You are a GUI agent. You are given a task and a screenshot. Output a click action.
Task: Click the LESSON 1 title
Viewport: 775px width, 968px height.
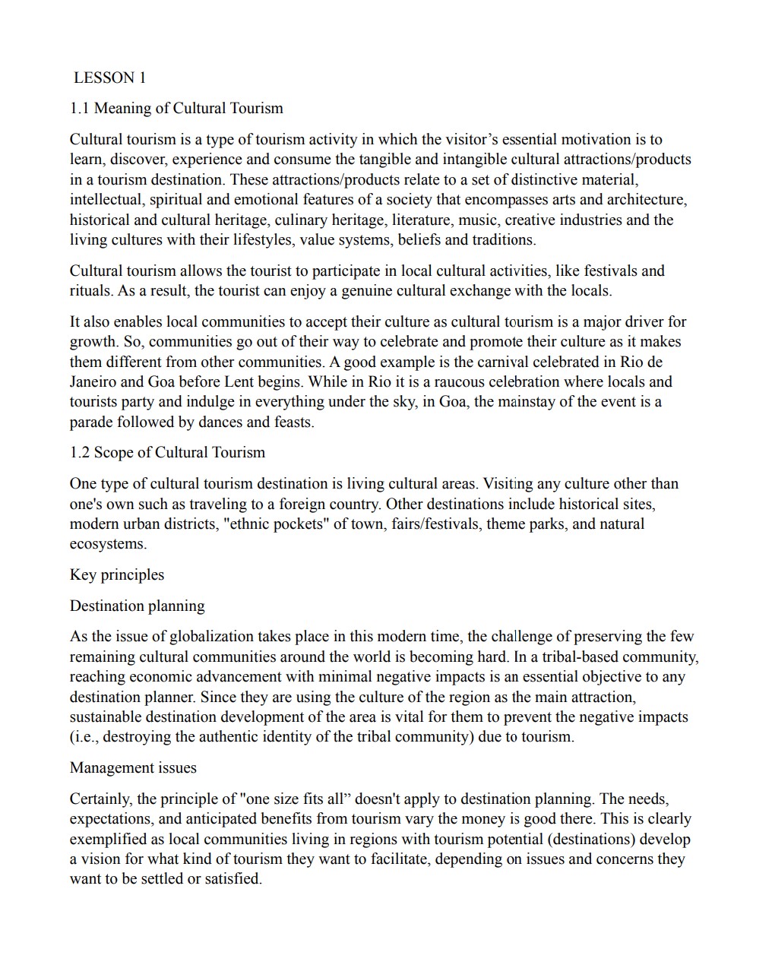click(109, 78)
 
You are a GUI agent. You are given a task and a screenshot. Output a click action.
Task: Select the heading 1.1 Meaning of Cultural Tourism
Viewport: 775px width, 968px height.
click(176, 108)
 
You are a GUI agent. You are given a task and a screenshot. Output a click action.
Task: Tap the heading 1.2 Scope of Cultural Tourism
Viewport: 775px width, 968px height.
click(167, 453)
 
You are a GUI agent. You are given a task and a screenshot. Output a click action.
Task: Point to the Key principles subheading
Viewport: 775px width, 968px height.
click(117, 575)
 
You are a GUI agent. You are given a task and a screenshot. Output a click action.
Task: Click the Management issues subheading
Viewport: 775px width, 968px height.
click(133, 768)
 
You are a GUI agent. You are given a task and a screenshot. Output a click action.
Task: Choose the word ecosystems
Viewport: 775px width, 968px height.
click(108, 544)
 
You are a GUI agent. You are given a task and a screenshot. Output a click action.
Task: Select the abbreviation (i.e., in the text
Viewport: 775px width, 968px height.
click(84, 737)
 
